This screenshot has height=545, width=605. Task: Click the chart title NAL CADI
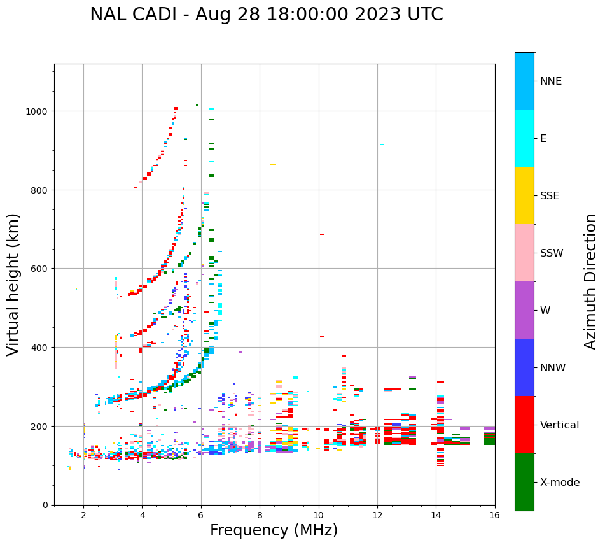[134, 15]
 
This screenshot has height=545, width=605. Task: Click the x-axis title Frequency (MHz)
[274, 530]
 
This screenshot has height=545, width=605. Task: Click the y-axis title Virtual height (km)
[14, 284]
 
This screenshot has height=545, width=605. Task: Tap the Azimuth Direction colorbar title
[591, 281]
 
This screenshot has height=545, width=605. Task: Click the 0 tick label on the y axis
[45, 505]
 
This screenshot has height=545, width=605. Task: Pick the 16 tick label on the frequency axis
[494, 516]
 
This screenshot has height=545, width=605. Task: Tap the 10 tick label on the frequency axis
[318, 516]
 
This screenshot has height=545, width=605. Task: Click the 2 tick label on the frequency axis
[83, 516]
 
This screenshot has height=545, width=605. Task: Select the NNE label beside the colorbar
[551, 81]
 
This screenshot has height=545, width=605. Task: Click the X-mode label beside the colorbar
[560, 483]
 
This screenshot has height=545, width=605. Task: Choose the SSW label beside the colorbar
[552, 253]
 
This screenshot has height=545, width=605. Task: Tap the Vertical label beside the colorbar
[560, 425]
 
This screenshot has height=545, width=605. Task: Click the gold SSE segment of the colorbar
[524, 195]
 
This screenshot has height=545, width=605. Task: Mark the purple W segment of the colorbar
[524, 310]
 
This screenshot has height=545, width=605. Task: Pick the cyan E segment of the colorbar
[524, 138]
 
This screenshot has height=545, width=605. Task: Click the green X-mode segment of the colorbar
[524, 482]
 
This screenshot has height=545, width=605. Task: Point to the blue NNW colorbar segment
[524, 367]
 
